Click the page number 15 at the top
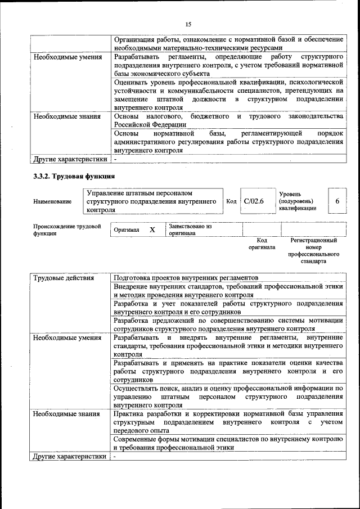(188, 24)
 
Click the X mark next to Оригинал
(152, 230)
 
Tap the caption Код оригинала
(262, 244)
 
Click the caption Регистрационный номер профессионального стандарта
(313, 251)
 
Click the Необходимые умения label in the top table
(67, 57)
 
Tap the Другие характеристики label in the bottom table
(69, 456)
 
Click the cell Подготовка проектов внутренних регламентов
(186, 278)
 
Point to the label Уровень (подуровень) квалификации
(298, 201)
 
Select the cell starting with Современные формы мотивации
(228, 443)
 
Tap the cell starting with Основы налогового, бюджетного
(228, 120)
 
